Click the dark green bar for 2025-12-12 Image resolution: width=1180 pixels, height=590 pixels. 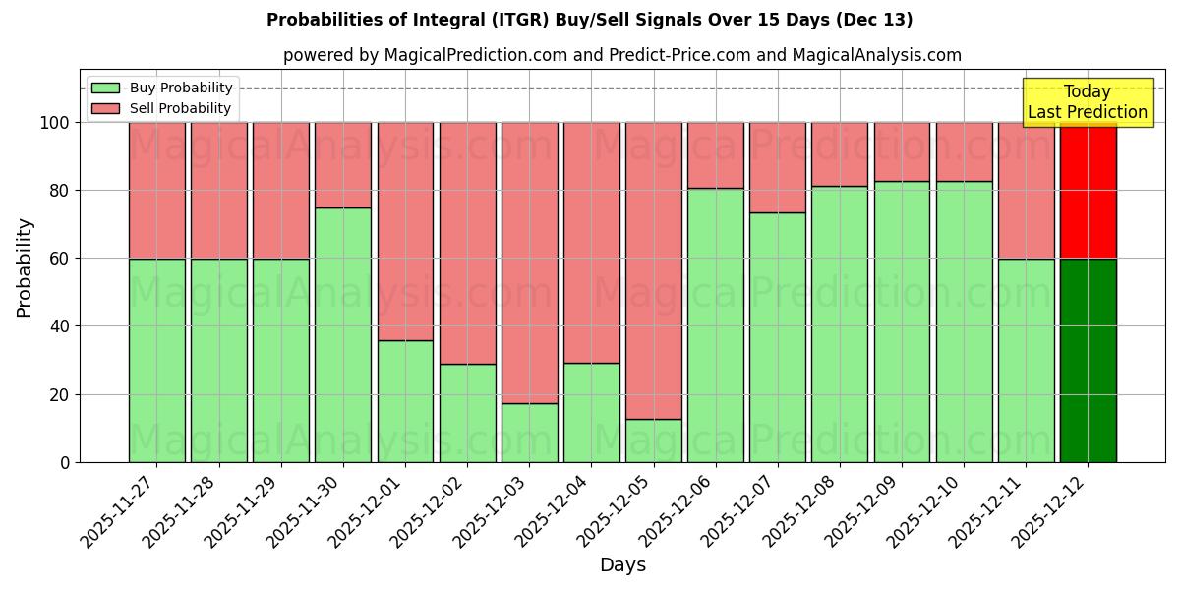click(1088, 360)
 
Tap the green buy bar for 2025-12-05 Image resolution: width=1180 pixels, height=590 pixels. click(653, 441)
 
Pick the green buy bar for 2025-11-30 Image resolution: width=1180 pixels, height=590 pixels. click(343, 334)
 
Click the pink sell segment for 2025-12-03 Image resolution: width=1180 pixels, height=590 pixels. click(529, 263)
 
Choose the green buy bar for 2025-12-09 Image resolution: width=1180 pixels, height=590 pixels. click(902, 322)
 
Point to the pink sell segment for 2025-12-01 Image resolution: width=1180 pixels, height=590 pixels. click(405, 231)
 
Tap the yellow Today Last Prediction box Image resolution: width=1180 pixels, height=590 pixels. click(1087, 102)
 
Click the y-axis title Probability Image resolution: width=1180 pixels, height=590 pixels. click(25, 267)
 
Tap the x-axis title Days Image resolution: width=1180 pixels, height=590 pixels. click(622, 565)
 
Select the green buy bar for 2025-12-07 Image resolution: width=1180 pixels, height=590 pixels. click(777, 337)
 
